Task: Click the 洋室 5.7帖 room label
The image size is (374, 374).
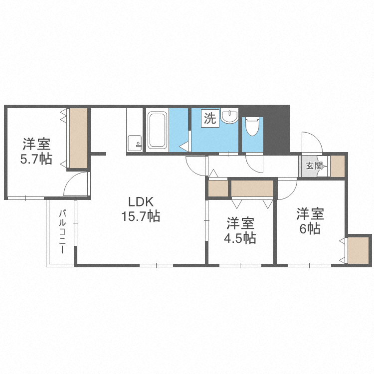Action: (x=36, y=152)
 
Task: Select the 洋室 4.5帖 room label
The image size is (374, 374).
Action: (x=240, y=230)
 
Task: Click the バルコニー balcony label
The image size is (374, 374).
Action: (x=62, y=232)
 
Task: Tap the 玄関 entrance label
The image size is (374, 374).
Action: (x=314, y=166)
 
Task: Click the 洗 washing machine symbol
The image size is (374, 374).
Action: (x=210, y=119)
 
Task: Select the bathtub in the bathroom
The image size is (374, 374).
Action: (x=157, y=130)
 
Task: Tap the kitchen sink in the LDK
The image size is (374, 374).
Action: (x=134, y=143)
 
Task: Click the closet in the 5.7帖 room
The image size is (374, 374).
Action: (x=78, y=138)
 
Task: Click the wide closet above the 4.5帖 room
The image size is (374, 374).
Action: (x=252, y=188)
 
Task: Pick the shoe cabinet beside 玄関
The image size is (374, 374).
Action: (x=338, y=166)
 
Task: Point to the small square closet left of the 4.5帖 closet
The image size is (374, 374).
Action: (x=217, y=188)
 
